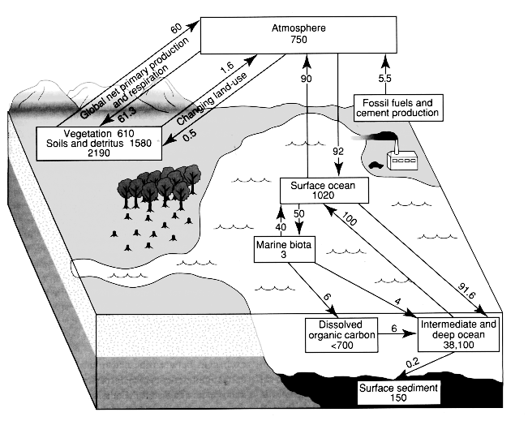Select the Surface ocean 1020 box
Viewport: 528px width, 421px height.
pyautogui.click(x=324, y=191)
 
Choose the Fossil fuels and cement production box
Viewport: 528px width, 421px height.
pyautogui.click(x=397, y=107)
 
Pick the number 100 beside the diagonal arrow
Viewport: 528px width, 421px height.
pyautogui.click(x=350, y=220)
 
